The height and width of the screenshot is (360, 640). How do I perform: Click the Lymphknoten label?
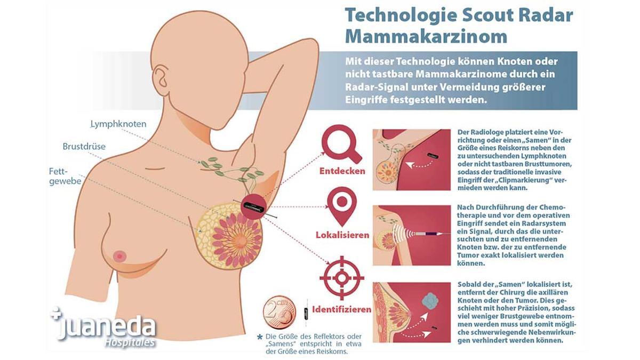(118, 124)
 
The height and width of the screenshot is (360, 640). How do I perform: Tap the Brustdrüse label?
(84, 146)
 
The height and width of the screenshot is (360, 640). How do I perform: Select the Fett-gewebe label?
(65, 177)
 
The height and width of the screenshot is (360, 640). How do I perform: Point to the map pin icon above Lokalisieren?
(342, 206)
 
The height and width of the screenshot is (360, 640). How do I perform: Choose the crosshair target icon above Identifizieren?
(342, 278)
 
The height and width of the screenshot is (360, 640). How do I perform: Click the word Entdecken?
(342, 171)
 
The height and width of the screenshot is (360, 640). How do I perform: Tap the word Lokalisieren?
(342, 235)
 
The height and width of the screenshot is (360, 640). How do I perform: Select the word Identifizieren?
(342, 309)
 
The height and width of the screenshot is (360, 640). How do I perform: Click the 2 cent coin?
(279, 312)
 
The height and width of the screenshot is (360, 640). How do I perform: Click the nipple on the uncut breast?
(119, 257)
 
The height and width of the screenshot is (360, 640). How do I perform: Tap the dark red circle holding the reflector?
(253, 206)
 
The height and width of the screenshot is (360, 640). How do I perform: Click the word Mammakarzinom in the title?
(426, 36)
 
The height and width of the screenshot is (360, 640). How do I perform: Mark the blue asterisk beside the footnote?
(260, 337)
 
